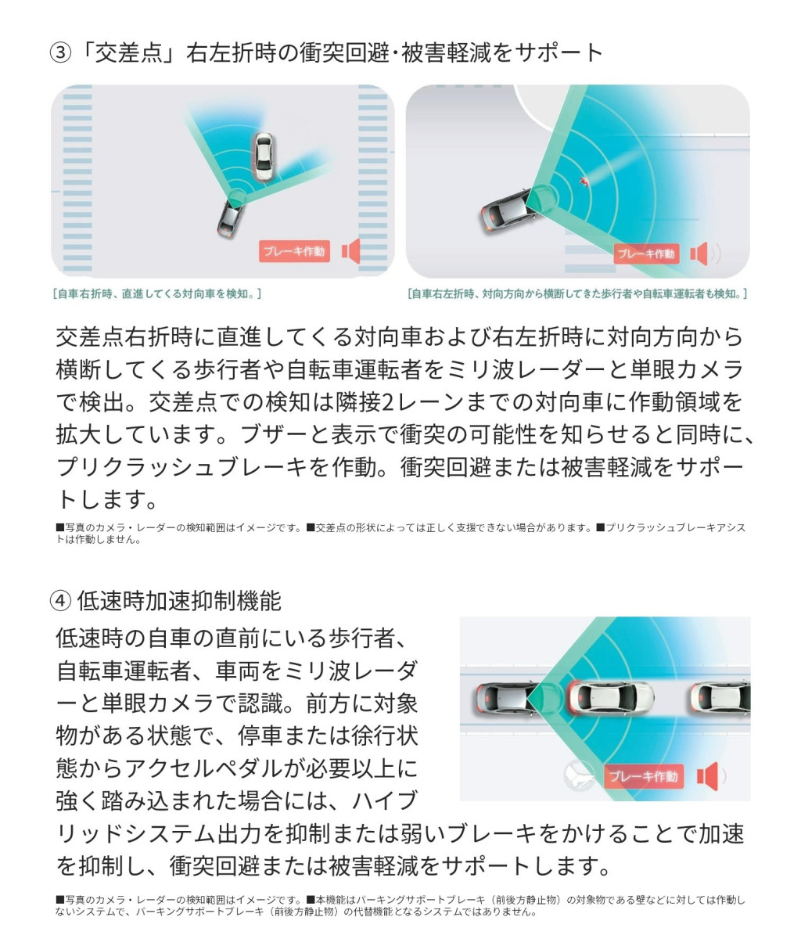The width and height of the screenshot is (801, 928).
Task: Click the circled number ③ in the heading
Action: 60,53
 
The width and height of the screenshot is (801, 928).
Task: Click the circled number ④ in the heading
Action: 60,601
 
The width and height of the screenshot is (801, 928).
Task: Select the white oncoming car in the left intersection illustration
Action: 264,156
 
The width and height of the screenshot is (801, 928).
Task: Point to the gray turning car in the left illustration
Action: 231,217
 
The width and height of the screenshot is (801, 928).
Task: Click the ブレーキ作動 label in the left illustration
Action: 294,251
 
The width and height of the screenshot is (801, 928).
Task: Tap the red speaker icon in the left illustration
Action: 350,251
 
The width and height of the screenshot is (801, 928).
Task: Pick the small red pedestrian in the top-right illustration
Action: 584,181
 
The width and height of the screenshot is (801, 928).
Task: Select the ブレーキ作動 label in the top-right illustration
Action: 646,254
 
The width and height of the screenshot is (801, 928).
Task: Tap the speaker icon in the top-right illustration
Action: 700,254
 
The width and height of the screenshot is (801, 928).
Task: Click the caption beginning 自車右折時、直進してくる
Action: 156,293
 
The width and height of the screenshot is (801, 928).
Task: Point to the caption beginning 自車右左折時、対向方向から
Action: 577,293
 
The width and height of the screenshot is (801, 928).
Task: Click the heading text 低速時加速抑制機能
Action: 178,601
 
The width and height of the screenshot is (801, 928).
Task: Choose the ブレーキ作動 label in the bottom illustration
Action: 644,776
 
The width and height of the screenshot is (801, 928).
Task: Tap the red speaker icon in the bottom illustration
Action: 708,776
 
